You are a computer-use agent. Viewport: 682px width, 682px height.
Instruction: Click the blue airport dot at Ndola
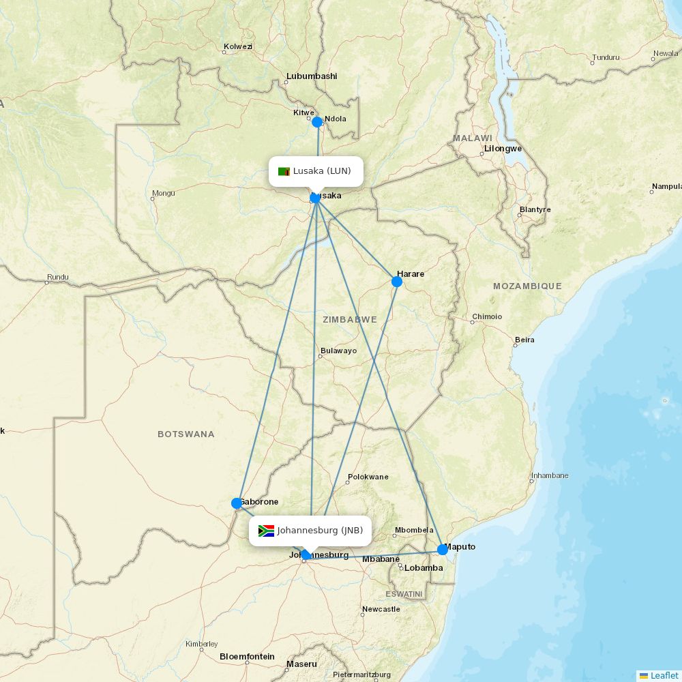(x=317, y=122)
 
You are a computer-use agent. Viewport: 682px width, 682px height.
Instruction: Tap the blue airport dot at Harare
(x=397, y=282)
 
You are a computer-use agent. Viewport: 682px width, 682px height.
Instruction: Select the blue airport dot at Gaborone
(x=237, y=503)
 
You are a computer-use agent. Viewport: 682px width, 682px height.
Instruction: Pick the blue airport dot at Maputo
(x=443, y=549)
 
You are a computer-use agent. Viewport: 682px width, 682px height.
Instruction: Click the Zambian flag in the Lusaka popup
(x=284, y=171)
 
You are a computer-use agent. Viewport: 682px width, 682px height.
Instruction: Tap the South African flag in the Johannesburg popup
(x=266, y=531)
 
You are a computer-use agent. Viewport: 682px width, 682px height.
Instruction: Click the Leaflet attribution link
(x=664, y=675)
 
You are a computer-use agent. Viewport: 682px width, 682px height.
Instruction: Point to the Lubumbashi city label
(x=312, y=76)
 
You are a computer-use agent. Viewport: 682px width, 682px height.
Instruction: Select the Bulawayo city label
(x=338, y=351)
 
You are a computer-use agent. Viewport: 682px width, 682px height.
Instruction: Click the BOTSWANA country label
(x=186, y=434)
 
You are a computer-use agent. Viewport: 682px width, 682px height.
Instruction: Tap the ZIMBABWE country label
(x=350, y=319)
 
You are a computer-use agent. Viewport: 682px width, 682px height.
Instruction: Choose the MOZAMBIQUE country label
(x=527, y=286)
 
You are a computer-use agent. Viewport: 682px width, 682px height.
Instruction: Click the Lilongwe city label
(x=503, y=148)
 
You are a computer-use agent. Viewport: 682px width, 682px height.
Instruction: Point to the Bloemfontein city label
(x=247, y=657)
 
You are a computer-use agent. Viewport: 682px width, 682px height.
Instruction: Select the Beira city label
(x=524, y=340)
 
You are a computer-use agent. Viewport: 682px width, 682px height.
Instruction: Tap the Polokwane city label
(x=368, y=477)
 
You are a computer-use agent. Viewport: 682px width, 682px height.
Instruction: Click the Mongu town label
(x=164, y=193)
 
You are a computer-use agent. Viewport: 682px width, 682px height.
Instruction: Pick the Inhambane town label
(x=550, y=475)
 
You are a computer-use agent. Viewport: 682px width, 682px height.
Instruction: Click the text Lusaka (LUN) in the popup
(x=322, y=170)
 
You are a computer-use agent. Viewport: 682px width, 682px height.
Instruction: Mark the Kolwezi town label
(x=238, y=46)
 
